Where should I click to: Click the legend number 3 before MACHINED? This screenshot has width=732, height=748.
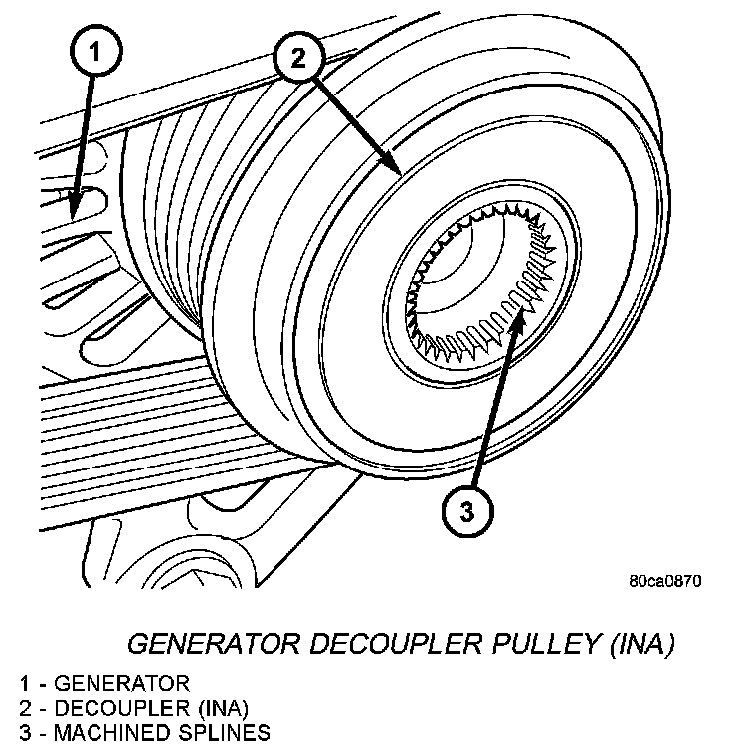tap(23, 734)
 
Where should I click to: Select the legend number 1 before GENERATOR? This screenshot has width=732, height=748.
tap(23, 683)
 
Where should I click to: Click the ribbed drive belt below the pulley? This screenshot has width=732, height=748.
tap(149, 418)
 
